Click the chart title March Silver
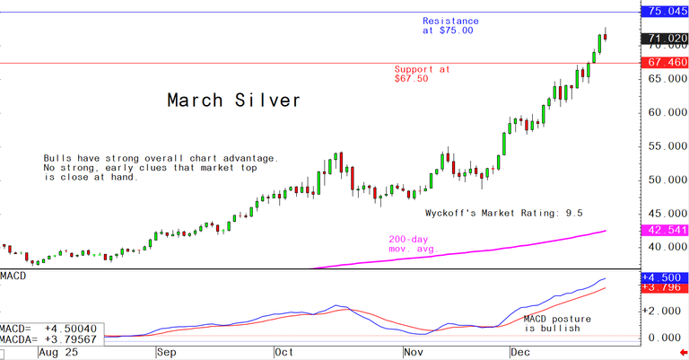[x=234, y=101]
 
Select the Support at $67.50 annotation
[x=423, y=74]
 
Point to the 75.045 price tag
[x=664, y=12]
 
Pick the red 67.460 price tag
[x=664, y=64]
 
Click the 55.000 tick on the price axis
[x=664, y=145]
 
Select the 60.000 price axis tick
[x=664, y=112]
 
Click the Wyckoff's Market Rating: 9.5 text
[x=504, y=214]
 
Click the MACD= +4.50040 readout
[x=52, y=330]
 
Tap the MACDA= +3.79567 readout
[x=52, y=342]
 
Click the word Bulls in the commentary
[x=59, y=159]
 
